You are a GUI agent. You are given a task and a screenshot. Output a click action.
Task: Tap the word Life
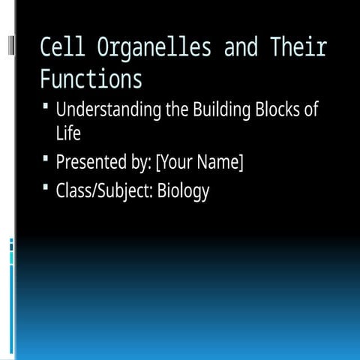(x=67, y=133)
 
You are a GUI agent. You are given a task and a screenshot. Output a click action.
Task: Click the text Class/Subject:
(x=104, y=191)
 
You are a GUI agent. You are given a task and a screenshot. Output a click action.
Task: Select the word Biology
(x=183, y=191)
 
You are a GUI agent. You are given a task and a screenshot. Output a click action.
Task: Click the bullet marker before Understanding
(x=46, y=109)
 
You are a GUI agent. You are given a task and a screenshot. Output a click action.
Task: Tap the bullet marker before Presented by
(x=46, y=160)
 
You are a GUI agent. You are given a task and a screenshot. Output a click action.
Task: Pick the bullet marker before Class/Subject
(x=46, y=188)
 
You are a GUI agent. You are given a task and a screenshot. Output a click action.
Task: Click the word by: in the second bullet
(x=139, y=162)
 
